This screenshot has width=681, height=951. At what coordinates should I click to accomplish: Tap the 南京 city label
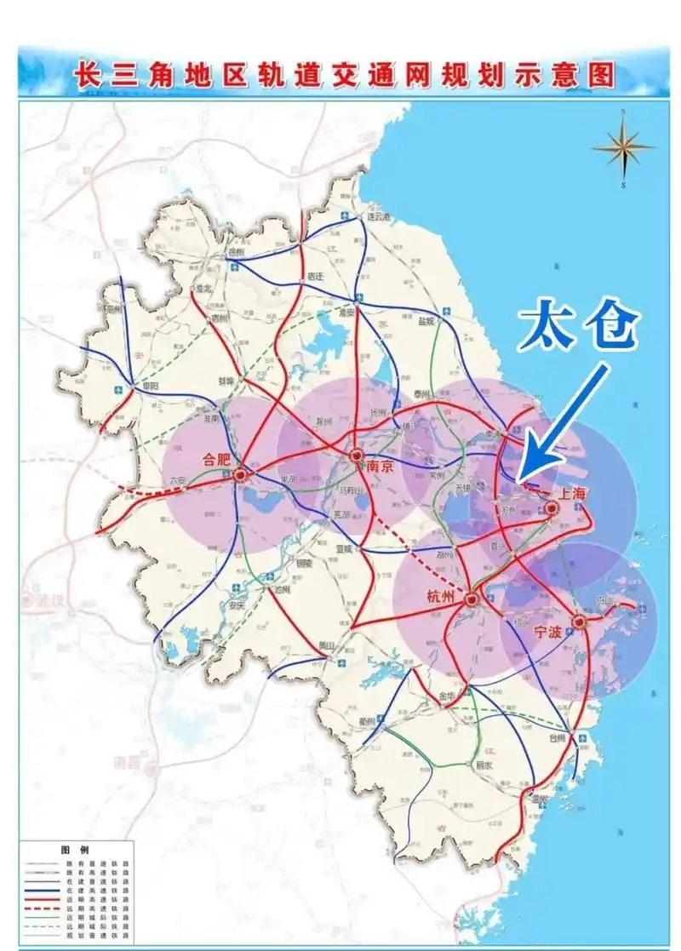click(374, 467)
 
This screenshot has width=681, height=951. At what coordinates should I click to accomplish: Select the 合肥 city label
click(217, 459)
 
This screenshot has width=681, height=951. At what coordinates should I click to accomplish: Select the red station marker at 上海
click(552, 508)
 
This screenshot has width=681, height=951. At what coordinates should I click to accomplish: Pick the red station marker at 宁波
click(579, 621)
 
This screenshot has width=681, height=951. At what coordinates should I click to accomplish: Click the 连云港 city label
click(377, 217)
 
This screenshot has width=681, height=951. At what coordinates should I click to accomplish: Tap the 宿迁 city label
click(316, 276)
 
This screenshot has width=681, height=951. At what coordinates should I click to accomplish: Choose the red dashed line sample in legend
click(40, 909)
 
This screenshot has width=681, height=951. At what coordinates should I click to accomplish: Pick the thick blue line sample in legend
click(40, 891)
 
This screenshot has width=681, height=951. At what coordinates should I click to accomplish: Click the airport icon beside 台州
click(582, 736)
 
